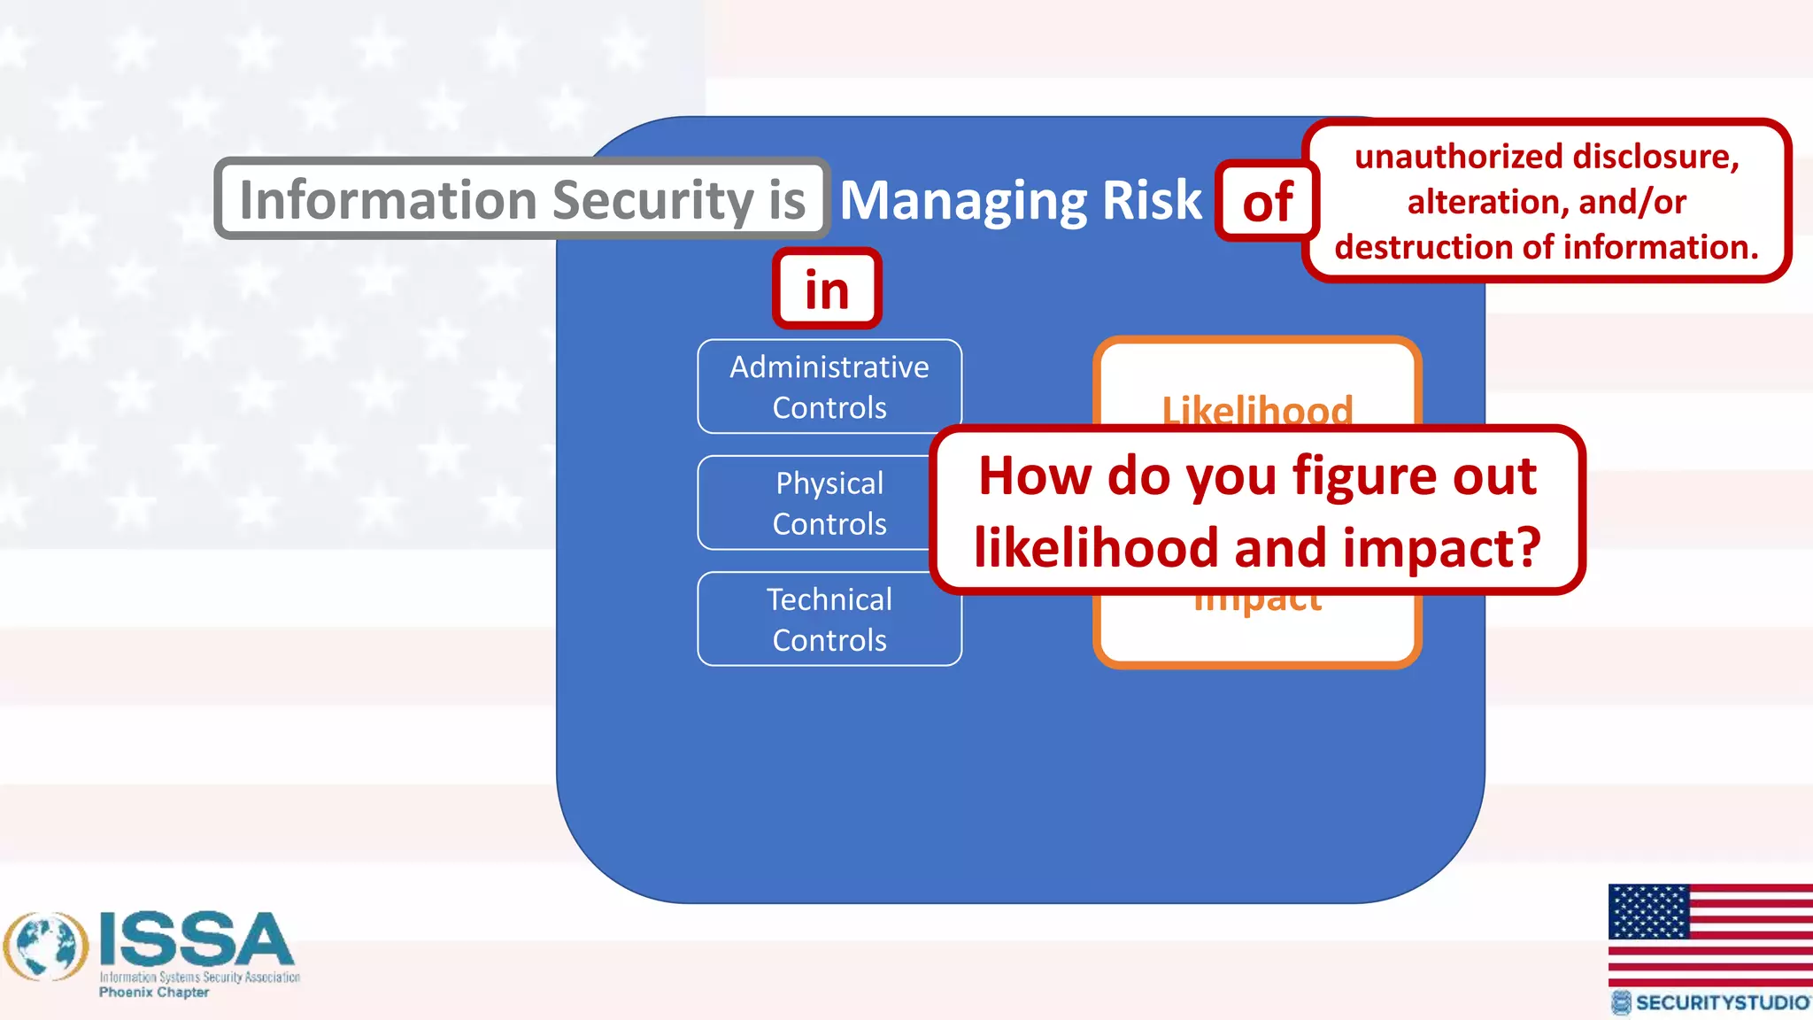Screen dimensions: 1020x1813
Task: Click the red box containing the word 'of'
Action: click(x=1267, y=201)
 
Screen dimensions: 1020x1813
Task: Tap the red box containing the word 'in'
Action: click(x=827, y=289)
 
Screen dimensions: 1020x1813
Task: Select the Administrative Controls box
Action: click(x=829, y=387)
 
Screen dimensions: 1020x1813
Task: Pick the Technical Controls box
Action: click(x=829, y=619)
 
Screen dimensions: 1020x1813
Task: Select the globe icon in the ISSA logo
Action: click(x=46, y=946)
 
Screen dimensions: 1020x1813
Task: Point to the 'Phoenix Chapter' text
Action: click(x=154, y=993)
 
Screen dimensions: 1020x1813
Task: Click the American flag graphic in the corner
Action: click(x=1709, y=934)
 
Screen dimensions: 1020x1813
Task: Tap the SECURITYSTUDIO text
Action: click(x=1721, y=1002)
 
